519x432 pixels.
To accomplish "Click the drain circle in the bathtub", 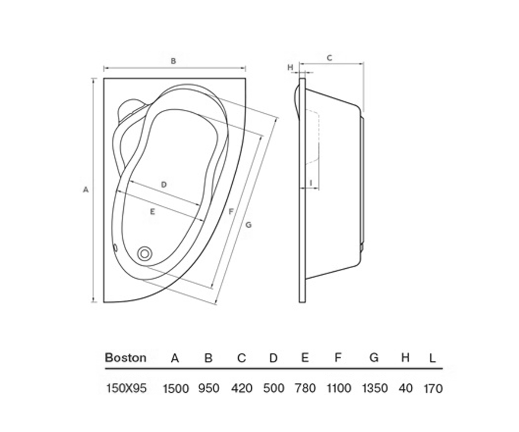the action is coord(144,254).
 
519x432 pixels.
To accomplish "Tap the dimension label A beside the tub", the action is coord(86,190).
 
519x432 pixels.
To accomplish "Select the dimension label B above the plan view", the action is coord(173,61).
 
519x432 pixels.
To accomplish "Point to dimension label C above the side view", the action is coord(329,58).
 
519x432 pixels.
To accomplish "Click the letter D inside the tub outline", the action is coord(163,185).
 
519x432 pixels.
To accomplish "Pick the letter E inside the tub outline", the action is coord(153,212).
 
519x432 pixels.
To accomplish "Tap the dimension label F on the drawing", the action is coord(231,212).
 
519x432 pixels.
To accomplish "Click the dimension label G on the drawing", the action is coord(248,225).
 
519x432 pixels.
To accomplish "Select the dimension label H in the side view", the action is coord(290,67).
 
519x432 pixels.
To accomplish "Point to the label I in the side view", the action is coord(311,183).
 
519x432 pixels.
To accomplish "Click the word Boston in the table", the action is coord(126,358).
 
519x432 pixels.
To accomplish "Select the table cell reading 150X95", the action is coord(126,388).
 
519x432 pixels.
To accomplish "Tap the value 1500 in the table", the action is coord(176,388).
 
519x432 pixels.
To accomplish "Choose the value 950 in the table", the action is coord(209,388).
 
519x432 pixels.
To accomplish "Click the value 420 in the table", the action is coord(242,388).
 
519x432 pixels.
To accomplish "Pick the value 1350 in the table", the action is coord(375,388).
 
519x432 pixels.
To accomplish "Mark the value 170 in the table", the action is coord(433,389).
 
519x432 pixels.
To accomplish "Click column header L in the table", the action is coord(433,358).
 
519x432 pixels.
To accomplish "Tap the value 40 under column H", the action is coord(406,388).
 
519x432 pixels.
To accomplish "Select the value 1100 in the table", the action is coord(339,388).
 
